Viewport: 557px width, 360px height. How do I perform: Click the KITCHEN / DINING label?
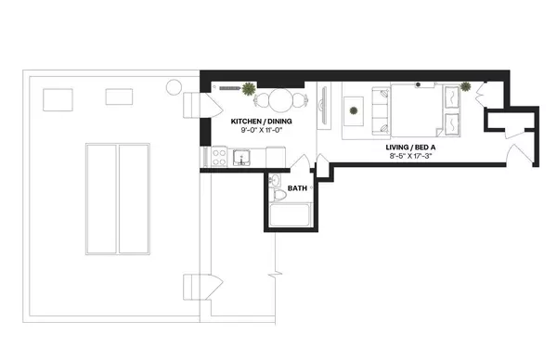point(255,121)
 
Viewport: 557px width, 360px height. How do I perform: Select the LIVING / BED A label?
point(411,147)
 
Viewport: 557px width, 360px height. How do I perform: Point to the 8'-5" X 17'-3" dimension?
point(411,156)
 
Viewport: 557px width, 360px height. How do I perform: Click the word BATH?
point(297,188)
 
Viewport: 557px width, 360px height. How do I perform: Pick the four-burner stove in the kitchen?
point(219,157)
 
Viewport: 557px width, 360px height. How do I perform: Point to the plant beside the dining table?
point(249,89)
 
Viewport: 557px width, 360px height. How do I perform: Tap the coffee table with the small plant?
point(353,111)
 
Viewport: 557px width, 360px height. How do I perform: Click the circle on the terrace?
point(174,88)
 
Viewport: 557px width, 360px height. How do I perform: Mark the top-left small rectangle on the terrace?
point(58,97)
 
